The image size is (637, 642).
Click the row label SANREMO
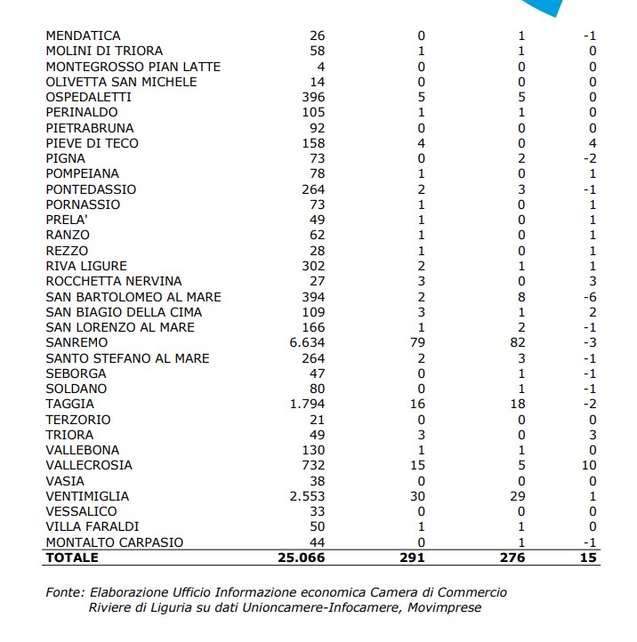click(77, 342)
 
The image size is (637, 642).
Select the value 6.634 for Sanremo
click(307, 342)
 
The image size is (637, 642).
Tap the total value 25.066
click(302, 558)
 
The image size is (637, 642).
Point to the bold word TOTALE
click(72, 558)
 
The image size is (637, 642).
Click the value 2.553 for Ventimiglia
click(307, 496)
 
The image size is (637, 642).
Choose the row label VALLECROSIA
click(89, 465)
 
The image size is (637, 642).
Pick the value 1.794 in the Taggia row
click(307, 404)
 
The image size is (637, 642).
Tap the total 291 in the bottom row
click(414, 558)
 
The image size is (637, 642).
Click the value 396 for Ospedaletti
click(314, 97)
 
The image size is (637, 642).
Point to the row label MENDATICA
click(83, 36)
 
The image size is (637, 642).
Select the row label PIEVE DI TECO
click(93, 143)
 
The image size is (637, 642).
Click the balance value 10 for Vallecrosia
click(588, 465)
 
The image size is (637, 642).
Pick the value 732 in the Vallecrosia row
click(314, 465)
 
